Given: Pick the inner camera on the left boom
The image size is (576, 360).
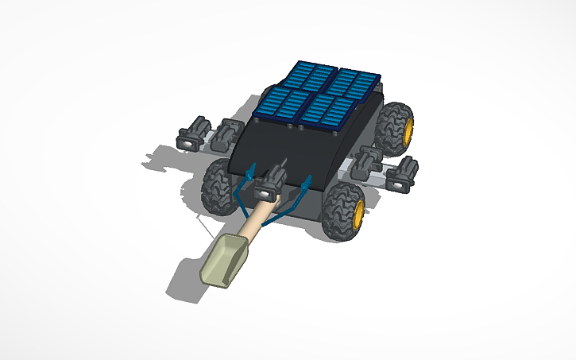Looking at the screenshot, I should pyautogui.click(x=228, y=133).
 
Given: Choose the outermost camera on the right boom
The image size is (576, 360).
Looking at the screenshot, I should pyautogui.click(x=403, y=175).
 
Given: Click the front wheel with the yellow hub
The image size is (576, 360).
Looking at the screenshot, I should pyautogui.click(x=343, y=211).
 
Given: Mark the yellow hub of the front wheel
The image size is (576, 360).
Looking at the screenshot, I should pyautogui.click(x=357, y=212).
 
